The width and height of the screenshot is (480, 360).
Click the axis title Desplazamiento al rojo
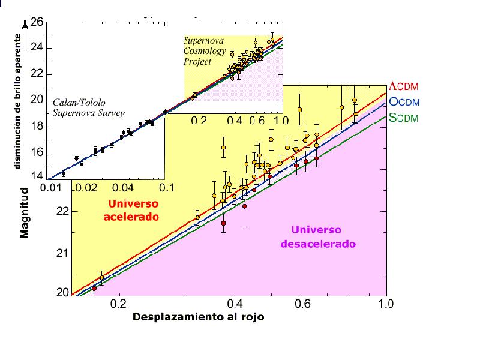tap(198, 317)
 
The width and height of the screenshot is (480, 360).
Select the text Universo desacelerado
tap(316, 238)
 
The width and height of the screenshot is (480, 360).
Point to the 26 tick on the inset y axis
tap(37, 23)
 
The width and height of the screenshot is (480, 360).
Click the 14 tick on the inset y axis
tap(37, 176)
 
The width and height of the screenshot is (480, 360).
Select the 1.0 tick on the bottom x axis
tap(386, 304)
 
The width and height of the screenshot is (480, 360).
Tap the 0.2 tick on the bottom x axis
tap(119, 304)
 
